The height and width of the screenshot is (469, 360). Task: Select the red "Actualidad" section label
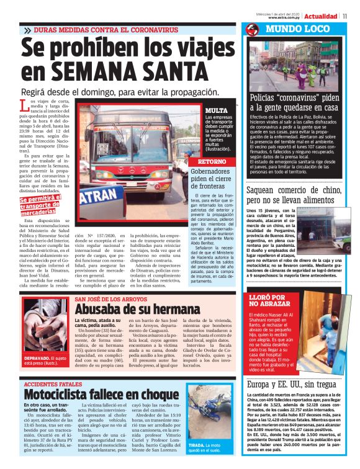[x=321, y=16]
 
